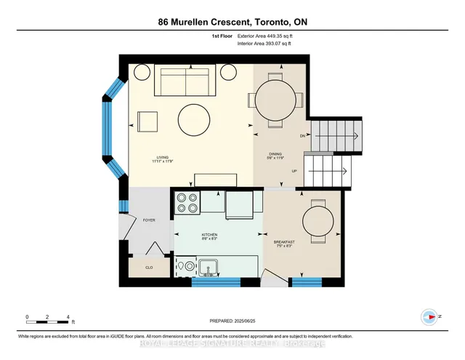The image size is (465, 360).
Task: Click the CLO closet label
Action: coord(149,267)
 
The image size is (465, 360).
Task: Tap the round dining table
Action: coord(276,99)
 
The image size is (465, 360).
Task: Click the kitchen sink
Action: coord(209,267)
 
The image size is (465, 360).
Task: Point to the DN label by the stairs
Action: coord(303,137)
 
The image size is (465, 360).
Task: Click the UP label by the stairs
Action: coord(294,171)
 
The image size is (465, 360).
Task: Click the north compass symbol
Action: coord(429,316)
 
